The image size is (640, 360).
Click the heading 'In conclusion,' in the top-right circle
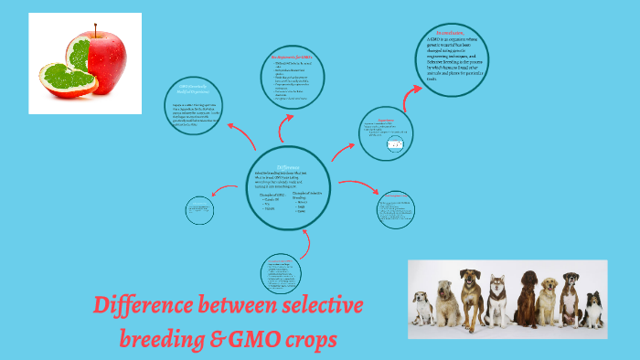point(451,34)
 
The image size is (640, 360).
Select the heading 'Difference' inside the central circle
point(288,166)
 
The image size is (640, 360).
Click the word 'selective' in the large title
point(319,305)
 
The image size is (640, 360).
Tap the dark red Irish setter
point(528,297)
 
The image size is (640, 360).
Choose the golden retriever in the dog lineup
point(549,300)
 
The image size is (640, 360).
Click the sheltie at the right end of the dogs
point(592,309)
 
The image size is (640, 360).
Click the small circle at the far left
point(199,211)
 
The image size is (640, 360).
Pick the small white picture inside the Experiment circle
point(396,144)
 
